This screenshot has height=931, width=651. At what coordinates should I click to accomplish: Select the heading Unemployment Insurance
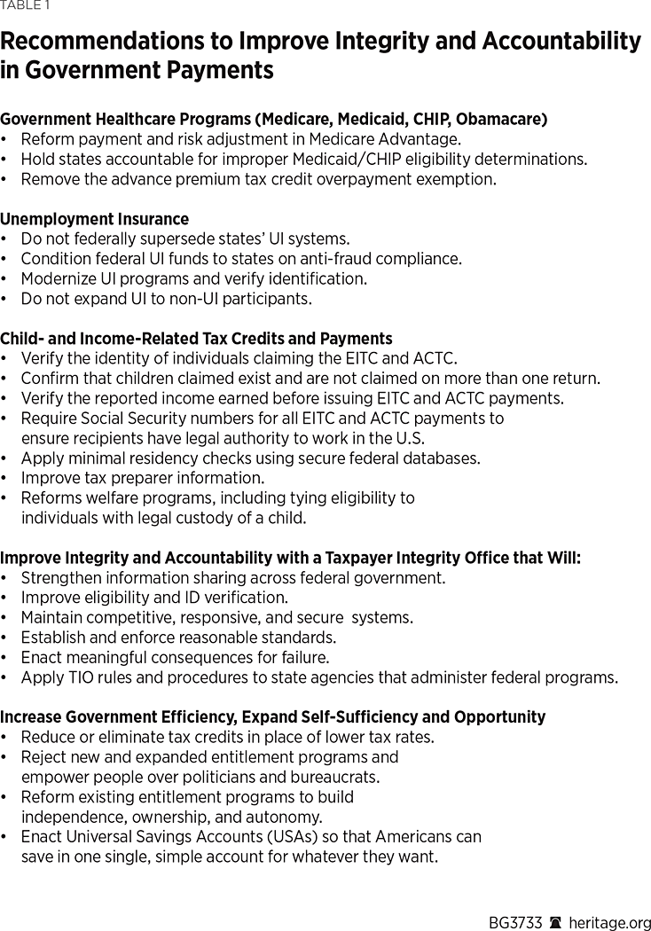click(94, 219)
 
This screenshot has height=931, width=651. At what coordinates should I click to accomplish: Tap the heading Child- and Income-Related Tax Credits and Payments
click(196, 339)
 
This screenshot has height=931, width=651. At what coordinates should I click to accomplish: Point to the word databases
click(440, 458)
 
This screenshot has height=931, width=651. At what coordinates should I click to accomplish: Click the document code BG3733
click(515, 921)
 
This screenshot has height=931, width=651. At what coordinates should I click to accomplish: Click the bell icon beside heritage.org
click(556, 921)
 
